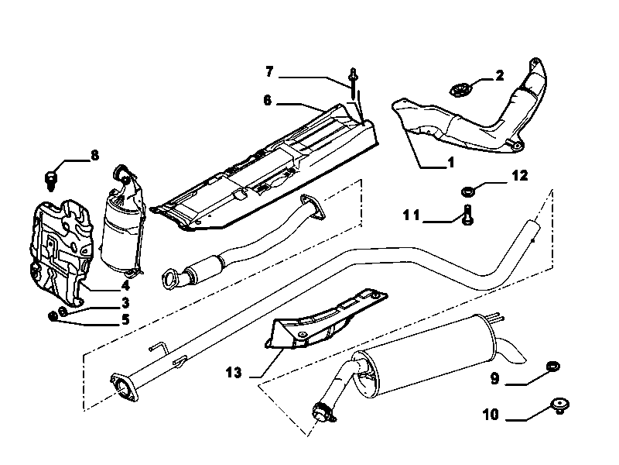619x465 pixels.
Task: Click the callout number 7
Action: [269, 72]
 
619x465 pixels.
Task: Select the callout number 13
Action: [234, 373]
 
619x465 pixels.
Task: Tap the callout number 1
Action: [450, 162]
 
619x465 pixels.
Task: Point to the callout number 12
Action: [520, 175]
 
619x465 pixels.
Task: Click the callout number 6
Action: [268, 101]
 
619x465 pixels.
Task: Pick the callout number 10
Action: [491, 415]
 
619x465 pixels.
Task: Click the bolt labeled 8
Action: [50, 180]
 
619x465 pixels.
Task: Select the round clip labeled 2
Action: [459, 90]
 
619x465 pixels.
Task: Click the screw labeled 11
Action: [468, 215]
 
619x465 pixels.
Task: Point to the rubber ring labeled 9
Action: [553, 367]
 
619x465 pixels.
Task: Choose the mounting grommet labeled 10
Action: [559, 405]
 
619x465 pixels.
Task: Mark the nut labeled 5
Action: [52, 316]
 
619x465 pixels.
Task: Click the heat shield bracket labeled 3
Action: [62, 253]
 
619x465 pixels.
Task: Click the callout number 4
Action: [125, 284]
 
